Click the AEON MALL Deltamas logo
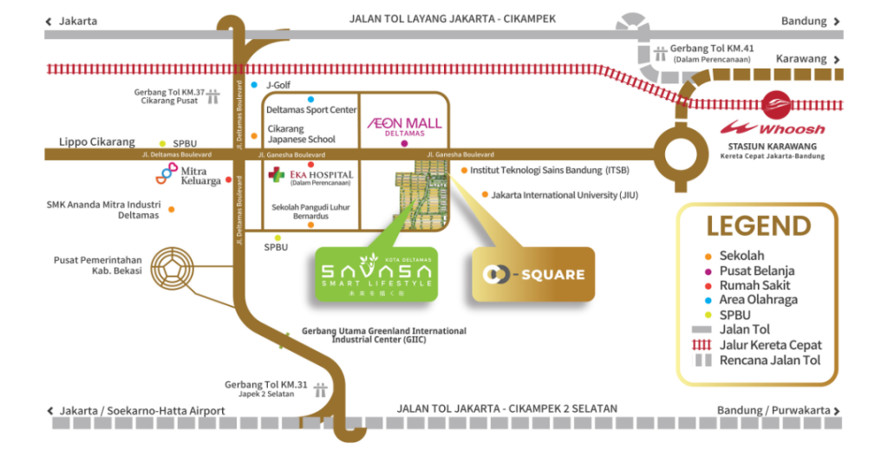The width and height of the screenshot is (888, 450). point(405,126)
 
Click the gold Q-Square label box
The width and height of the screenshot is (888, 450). point(533,275)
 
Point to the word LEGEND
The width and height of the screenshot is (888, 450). point(758,225)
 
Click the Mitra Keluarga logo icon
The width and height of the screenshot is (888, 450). point(166,174)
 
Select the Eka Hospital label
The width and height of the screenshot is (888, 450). point(310,174)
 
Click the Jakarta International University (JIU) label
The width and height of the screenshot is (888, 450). point(565,195)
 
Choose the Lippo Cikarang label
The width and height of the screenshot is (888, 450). point(97,142)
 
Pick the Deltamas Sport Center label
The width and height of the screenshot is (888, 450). point(311,110)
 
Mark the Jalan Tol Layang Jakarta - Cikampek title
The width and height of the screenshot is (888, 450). point(452,19)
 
